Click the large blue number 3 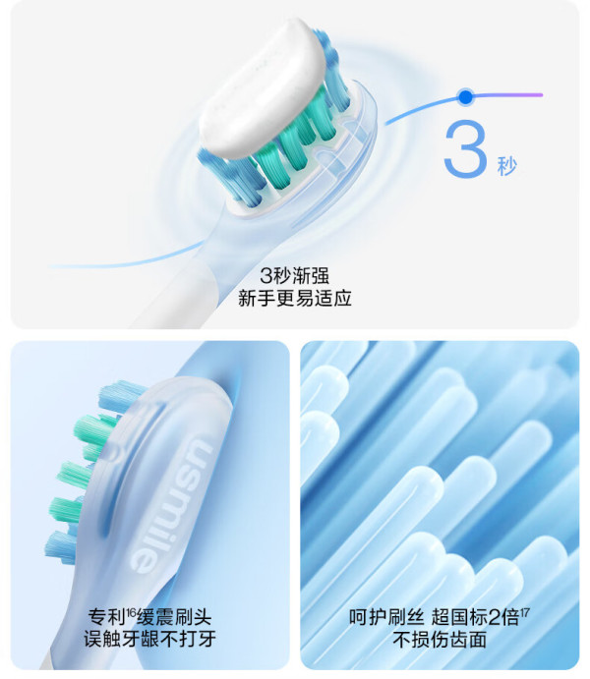click(x=465, y=148)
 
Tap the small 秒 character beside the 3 click(x=505, y=164)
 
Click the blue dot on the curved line click(x=465, y=96)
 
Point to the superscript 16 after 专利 click(x=133, y=613)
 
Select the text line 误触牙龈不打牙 click(x=149, y=642)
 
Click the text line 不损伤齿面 click(x=440, y=642)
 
